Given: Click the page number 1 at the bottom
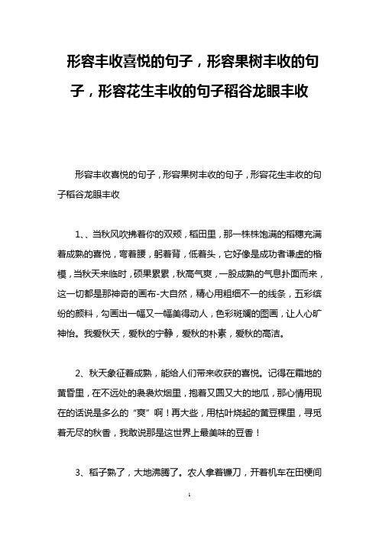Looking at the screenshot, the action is click(189, 517).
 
